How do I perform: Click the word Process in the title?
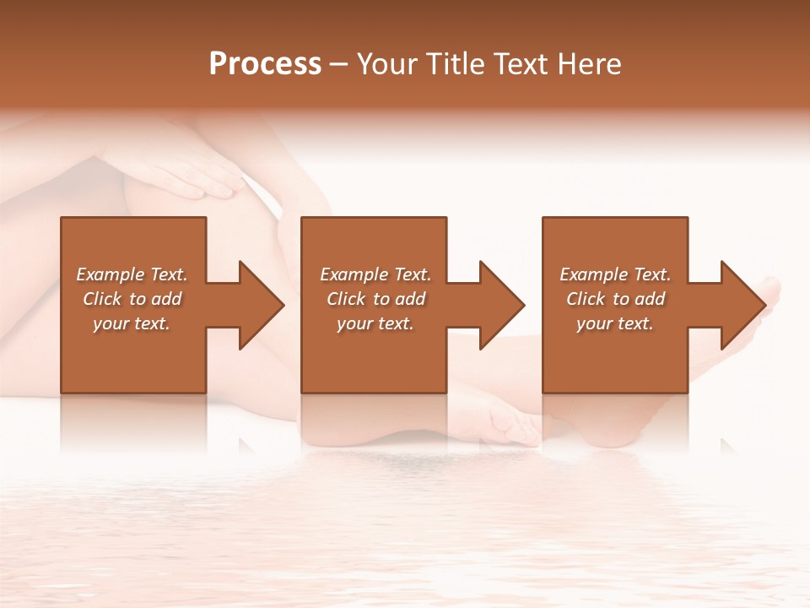265,64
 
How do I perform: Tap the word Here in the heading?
589,64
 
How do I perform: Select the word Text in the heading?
521,64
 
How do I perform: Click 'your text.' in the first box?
132,323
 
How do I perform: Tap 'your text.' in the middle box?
375,323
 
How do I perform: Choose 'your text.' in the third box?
614,323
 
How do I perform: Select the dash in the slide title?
339,65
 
